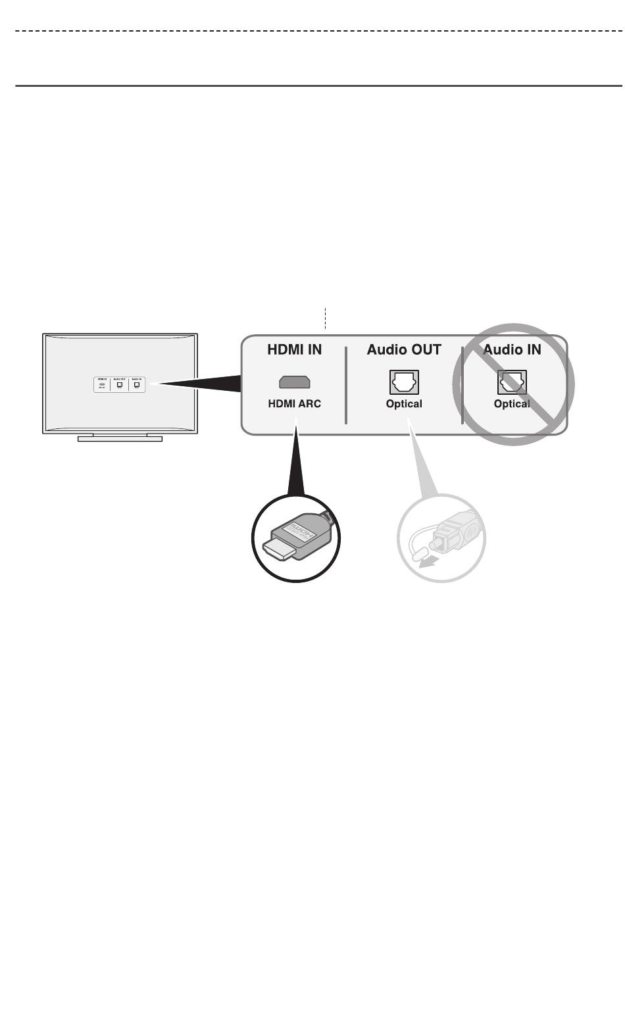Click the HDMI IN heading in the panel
click(294, 349)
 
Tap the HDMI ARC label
click(294, 403)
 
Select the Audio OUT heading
click(404, 349)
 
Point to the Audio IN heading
click(512, 349)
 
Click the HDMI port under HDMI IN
click(295, 382)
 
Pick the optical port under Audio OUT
click(404, 382)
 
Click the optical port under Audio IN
click(512, 382)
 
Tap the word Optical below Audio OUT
click(404, 403)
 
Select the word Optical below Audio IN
click(512, 403)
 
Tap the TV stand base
click(120, 438)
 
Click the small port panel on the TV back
click(119, 384)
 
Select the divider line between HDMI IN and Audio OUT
click(346, 385)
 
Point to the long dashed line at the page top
click(316, 31)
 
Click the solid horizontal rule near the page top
click(316, 85)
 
